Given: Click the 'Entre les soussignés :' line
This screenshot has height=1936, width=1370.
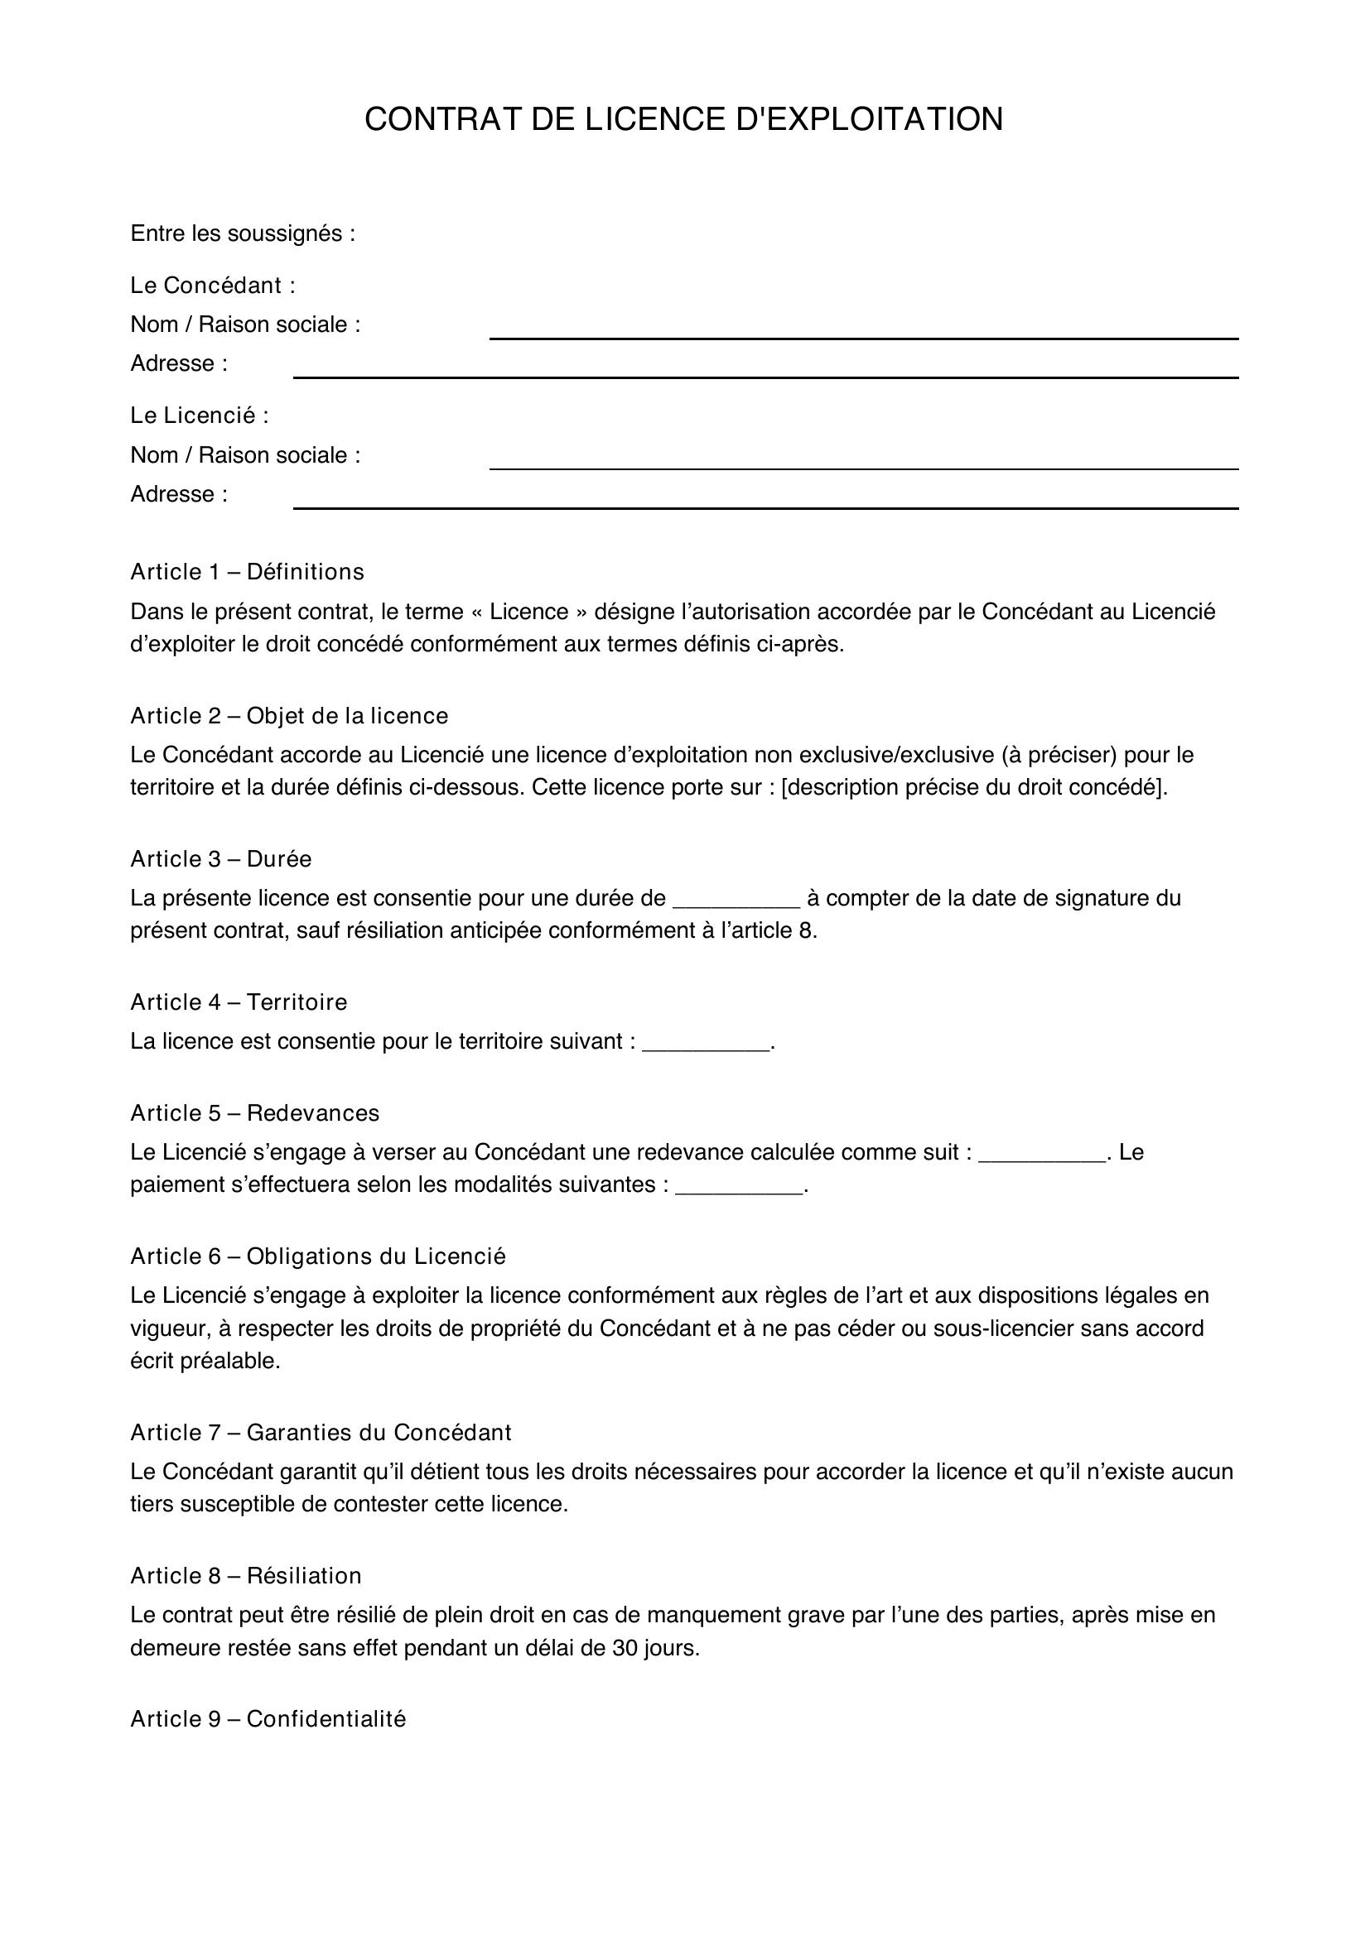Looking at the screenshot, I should (x=243, y=233).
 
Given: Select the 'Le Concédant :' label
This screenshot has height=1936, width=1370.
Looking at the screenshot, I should (x=213, y=286).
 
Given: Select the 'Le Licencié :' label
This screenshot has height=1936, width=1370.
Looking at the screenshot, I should (x=199, y=416).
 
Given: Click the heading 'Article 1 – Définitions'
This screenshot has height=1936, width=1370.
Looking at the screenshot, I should (x=247, y=573).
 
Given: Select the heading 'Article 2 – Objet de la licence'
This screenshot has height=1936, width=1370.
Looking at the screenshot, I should (x=288, y=717).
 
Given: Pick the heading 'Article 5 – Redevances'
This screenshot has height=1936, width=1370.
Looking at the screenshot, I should (x=255, y=1114).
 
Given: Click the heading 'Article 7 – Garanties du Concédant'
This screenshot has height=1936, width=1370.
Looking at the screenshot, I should (x=321, y=1433).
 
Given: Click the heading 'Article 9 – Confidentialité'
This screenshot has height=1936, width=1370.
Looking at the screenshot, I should (x=268, y=1719).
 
